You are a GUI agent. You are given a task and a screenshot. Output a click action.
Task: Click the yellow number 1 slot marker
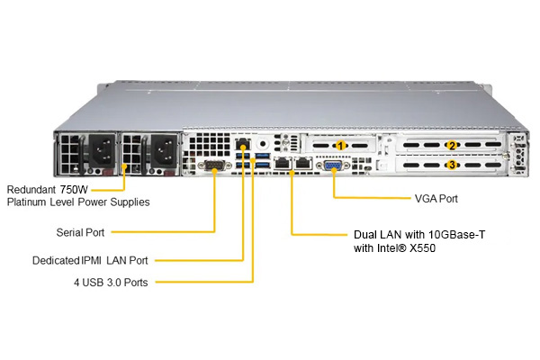pyautogui.click(x=340, y=146)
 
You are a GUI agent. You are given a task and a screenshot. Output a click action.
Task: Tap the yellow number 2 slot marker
pyautogui.click(x=452, y=146)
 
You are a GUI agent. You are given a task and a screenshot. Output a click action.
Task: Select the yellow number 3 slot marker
pyautogui.click(x=452, y=165)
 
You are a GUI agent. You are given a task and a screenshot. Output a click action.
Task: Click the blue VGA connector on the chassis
pyautogui.click(x=333, y=166)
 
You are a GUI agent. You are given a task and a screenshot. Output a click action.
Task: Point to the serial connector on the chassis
pyautogui.click(x=214, y=166)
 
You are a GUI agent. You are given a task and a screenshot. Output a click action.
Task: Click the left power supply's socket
pyautogui.click(x=103, y=149)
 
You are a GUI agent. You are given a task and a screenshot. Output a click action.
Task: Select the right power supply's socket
pyautogui.click(x=164, y=149)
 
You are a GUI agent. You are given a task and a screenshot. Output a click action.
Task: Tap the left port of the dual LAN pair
pyautogui.click(x=283, y=163)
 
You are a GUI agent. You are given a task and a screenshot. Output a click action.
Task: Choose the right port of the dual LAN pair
pyautogui.click(x=303, y=163)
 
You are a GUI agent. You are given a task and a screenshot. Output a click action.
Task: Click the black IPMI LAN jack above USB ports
pyautogui.click(x=242, y=143)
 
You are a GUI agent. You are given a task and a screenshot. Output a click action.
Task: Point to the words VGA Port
pyautogui.click(x=436, y=198)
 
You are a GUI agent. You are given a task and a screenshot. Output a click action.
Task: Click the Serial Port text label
pyautogui.click(x=80, y=232)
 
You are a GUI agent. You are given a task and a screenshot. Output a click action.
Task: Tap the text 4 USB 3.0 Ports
pyautogui.click(x=111, y=282)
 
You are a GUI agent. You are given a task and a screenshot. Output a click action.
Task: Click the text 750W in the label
pyautogui.click(x=74, y=189)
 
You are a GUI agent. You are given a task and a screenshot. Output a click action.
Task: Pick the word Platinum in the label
pyautogui.click(x=26, y=202)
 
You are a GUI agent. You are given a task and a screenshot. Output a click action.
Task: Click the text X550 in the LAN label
pyautogui.click(x=422, y=247)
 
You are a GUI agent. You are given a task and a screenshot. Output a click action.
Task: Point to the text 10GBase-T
pyautogui.click(x=456, y=235)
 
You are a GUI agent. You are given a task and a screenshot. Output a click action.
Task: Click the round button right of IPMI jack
pyautogui.click(x=263, y=144)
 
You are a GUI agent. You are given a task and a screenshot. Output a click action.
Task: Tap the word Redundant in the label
pyautogui.click(x=31, y=189)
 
